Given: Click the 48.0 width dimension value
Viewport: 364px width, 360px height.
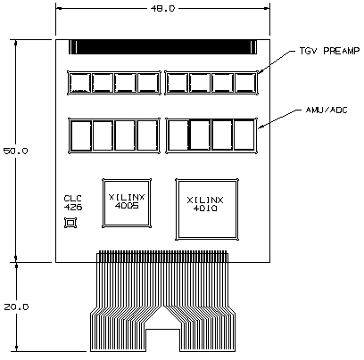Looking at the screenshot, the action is coord(162,9).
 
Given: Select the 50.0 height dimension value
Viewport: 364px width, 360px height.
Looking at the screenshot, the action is coord(15,151).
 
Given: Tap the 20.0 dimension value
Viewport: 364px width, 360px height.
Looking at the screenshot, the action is coord(16,307).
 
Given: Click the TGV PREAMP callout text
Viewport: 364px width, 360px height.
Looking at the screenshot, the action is coord(329,51).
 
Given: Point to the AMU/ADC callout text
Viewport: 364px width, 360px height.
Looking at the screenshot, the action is coord(327,110).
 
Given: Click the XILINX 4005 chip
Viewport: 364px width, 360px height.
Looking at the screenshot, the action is coord(127,203).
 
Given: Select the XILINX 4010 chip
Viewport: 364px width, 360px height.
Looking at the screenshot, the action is coord(207,209).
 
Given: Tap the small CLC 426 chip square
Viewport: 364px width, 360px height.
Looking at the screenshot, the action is coord(70,223).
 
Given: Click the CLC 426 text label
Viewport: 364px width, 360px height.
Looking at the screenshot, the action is coord(73,203).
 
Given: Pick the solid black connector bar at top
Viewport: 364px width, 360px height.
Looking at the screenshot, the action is coord(162,47).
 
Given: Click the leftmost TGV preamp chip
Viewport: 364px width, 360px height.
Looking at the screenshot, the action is coord(79,83).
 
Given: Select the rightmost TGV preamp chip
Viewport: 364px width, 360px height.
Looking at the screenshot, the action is coord(245,83).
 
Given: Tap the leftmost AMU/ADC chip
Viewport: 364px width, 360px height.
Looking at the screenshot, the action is coord(81,135).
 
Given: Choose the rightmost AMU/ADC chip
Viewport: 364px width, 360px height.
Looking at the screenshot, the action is coord(244,135).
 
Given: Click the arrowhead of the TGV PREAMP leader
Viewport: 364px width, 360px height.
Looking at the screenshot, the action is coord(259,72).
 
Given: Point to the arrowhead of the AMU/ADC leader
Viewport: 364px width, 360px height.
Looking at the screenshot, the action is coord(260,127).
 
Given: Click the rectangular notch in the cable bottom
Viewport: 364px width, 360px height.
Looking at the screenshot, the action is coord(162,340).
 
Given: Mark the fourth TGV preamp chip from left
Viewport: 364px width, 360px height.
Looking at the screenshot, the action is coord(148,83).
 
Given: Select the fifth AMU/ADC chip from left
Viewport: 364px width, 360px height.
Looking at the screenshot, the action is coord(178,135).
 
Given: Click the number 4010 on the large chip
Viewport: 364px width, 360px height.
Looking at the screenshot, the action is coord(205,209).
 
